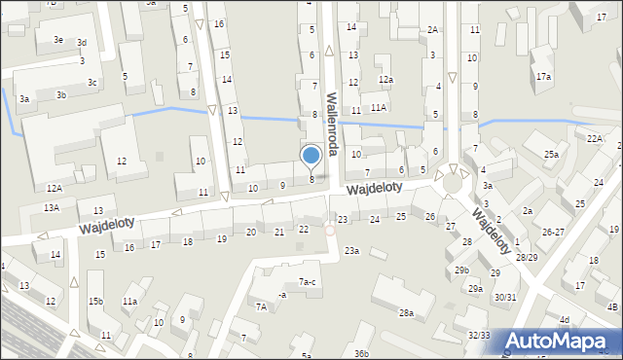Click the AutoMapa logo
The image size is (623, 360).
pyautogui.click(x=561, y=342)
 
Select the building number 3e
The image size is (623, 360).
pyautogui.click(x=59, y=39)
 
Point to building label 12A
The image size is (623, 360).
pyautogui.click(x=54, y=188)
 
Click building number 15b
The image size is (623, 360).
pyautogui.click(x=95, y=301)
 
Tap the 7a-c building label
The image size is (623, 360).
pyautogui.click(x=307, y=282)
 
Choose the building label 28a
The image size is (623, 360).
pyautogui.click(x=406, y=313)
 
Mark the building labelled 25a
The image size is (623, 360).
pyautogui.click(x=552, y=155)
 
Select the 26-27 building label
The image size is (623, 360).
pyautogui.click(x=553, y=232)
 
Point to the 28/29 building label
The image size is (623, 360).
pyautogui.click(x=527, y=257)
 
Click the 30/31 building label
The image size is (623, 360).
pyautogui.click(x=505, y=297)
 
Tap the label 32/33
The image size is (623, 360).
pyautogui.click(x=479, y=335)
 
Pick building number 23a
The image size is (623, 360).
pyautogui.click(x=350, y=251)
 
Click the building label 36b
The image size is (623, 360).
pyautogui.click(x=361, y=353)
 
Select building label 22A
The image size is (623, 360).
pyautogui.click(x=595, y=139)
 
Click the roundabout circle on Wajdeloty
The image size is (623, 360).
pyautogui.click(x=452, y=183)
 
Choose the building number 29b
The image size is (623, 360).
pyautogui.click(x=461, y=270)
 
